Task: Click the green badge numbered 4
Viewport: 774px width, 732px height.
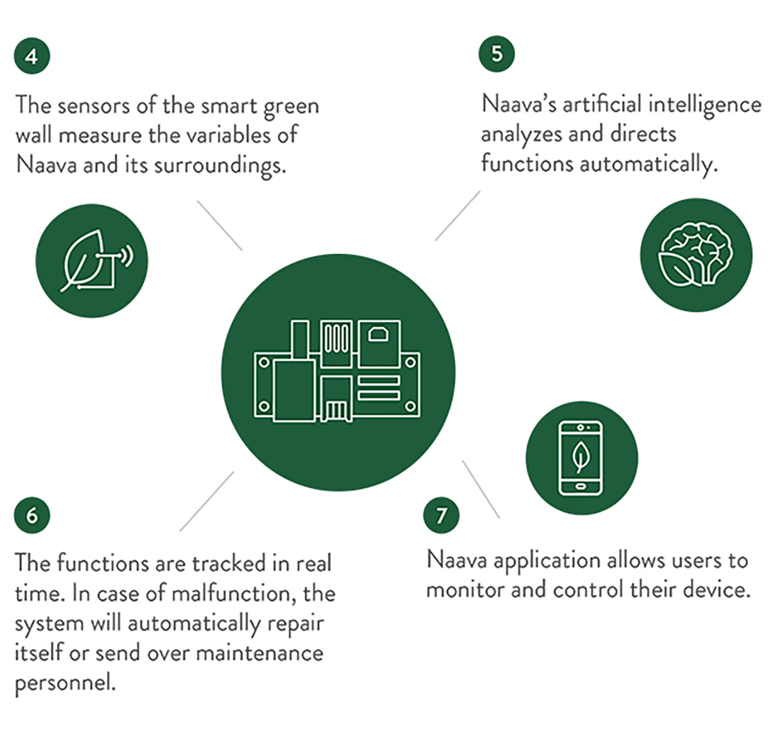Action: [32, 56]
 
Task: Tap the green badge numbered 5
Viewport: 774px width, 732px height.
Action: [497, 53]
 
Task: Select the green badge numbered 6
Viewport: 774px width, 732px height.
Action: [32, 515]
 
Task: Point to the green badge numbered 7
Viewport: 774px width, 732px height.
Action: [441, 515]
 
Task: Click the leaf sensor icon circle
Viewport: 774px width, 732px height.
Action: [92, 261]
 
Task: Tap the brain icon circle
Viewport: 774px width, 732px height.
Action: [696, 255]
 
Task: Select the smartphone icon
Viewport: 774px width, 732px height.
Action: [580, 458]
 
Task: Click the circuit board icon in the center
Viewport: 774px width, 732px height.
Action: [337, 371]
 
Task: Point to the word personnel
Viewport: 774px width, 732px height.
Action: [65, 684]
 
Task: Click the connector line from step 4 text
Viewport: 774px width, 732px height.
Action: [220, 225]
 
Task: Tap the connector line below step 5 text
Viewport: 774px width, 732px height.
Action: [458, 215]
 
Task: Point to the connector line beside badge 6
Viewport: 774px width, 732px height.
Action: [207, 501]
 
